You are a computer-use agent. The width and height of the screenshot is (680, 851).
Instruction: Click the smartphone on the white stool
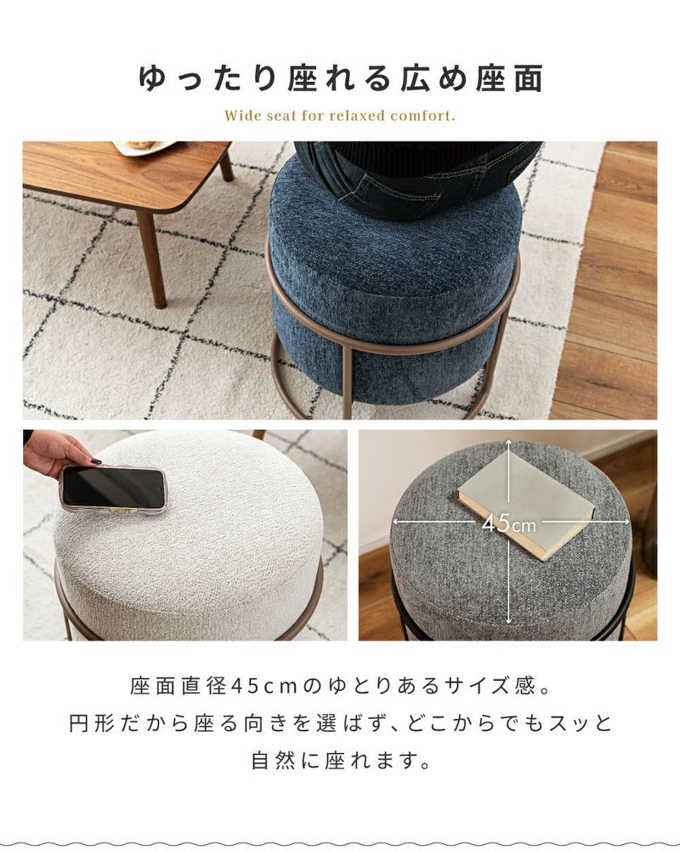point(113,488)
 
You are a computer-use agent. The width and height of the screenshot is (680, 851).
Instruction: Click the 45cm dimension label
point(508,523)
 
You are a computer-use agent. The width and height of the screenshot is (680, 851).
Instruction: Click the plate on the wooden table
point(144,147)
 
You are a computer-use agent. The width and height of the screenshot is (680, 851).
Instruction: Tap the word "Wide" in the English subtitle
point(243,116)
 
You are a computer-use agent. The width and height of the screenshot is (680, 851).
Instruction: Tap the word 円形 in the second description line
point(92,723)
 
